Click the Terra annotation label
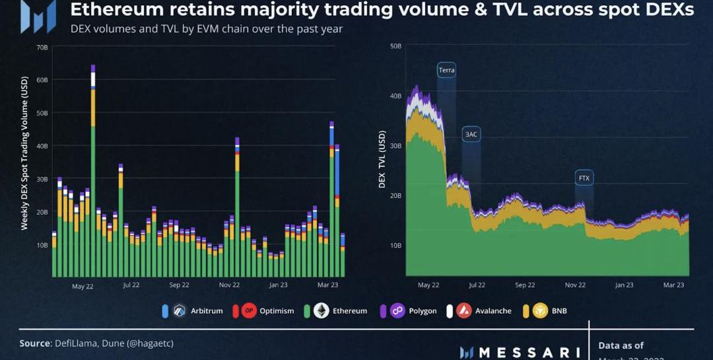(x=446, y=70)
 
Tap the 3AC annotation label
(x=471, y=134)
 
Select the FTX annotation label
(x=584, y=178)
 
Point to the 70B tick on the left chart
(x=42, y=48)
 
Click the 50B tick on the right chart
(x=395, y=46)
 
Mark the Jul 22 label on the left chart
(x=131, y=285)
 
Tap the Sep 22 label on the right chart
(x=525, y=285)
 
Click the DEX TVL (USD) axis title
(x=382, y=159)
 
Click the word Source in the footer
(x=34, y=343)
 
